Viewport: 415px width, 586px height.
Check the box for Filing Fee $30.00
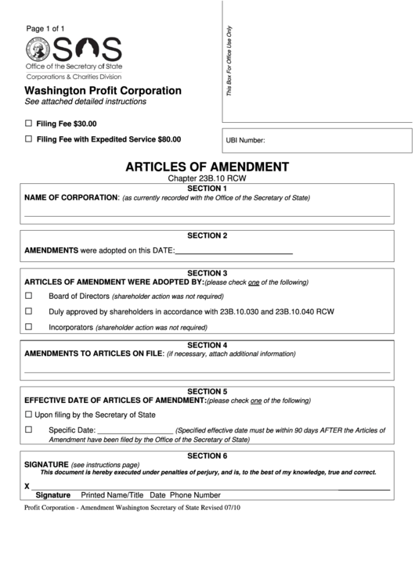(29, 124)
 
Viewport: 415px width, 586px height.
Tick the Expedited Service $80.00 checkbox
(29, 139)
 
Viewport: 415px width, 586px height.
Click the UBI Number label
(245, 142)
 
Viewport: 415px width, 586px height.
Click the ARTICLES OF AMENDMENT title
(207, 167)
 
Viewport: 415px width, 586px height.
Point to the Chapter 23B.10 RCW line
(207, 179)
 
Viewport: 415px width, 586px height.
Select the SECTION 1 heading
(207, 189)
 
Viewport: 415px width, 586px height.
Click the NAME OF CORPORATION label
(71, 198)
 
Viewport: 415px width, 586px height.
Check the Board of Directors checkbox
(29, 297)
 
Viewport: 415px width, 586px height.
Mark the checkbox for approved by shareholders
(29, 311)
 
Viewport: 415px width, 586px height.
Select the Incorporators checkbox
(29, 327)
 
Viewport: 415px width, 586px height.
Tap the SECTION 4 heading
(207, 344)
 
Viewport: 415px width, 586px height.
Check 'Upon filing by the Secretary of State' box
(29, 415)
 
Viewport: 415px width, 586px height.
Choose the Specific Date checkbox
(29, 430)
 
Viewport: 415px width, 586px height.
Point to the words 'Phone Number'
(195, 496)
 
